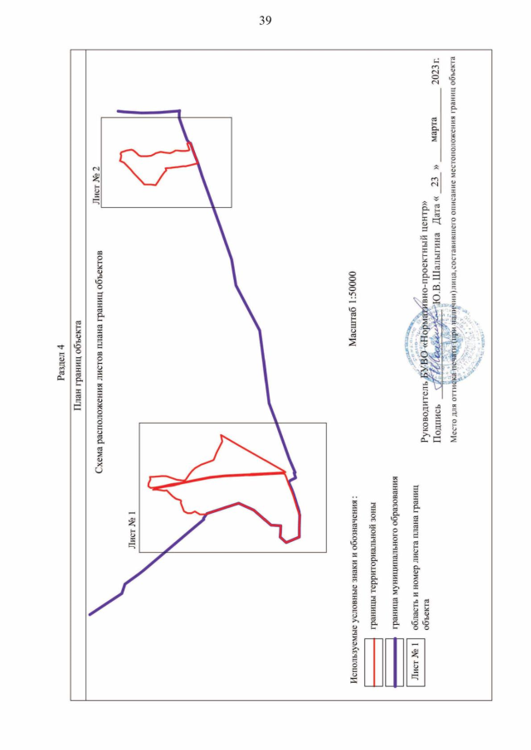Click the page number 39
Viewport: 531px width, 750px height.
point(265,21)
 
